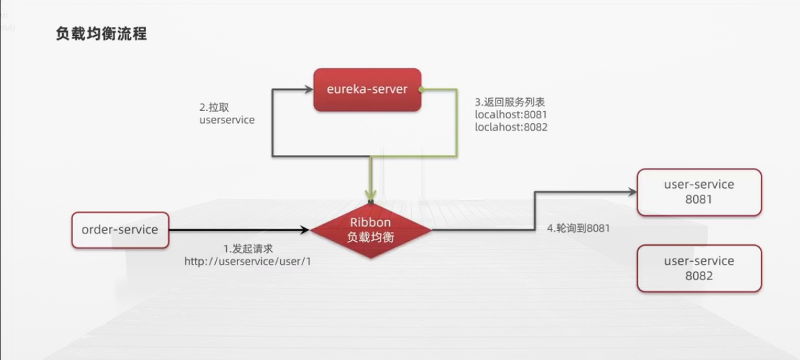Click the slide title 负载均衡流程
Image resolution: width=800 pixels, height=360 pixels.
pyautogui.click(x=101, y=34)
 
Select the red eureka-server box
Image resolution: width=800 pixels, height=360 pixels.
pyautogui.click(x=367, y=89)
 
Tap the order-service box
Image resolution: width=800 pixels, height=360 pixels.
pyautogui.click(x=120, y=230)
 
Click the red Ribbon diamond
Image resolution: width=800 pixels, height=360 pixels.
pyautogui.click(x=370, y=230)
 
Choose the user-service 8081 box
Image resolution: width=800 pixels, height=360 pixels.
pyautogui.click(x=699, y=192)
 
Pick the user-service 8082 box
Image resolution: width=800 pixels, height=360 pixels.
pyautogui.click(x=699, y=268)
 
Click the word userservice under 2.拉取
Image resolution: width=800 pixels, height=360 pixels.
pyautogui.click(x=227, y=120)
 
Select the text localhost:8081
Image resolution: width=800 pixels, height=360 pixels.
pyautogui.click(x=510, y=114)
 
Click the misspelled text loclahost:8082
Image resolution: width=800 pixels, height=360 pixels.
pyautogui.click(x=511, y=127)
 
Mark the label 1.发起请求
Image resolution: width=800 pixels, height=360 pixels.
pyautogui.click(x=248, y=248)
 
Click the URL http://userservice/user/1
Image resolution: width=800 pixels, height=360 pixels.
pyautogui.click(x=247, y=261)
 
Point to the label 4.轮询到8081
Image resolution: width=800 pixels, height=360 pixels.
pyautogui.click(x=578, y=229)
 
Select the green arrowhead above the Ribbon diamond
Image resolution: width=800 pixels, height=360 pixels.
pyautogui.click(x=370, y=196)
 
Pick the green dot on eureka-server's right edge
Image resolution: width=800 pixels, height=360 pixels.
pyautogui.click(x=421, y=89)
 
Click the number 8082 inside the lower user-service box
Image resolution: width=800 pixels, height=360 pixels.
pyautogui.click(x=699, y=275)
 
